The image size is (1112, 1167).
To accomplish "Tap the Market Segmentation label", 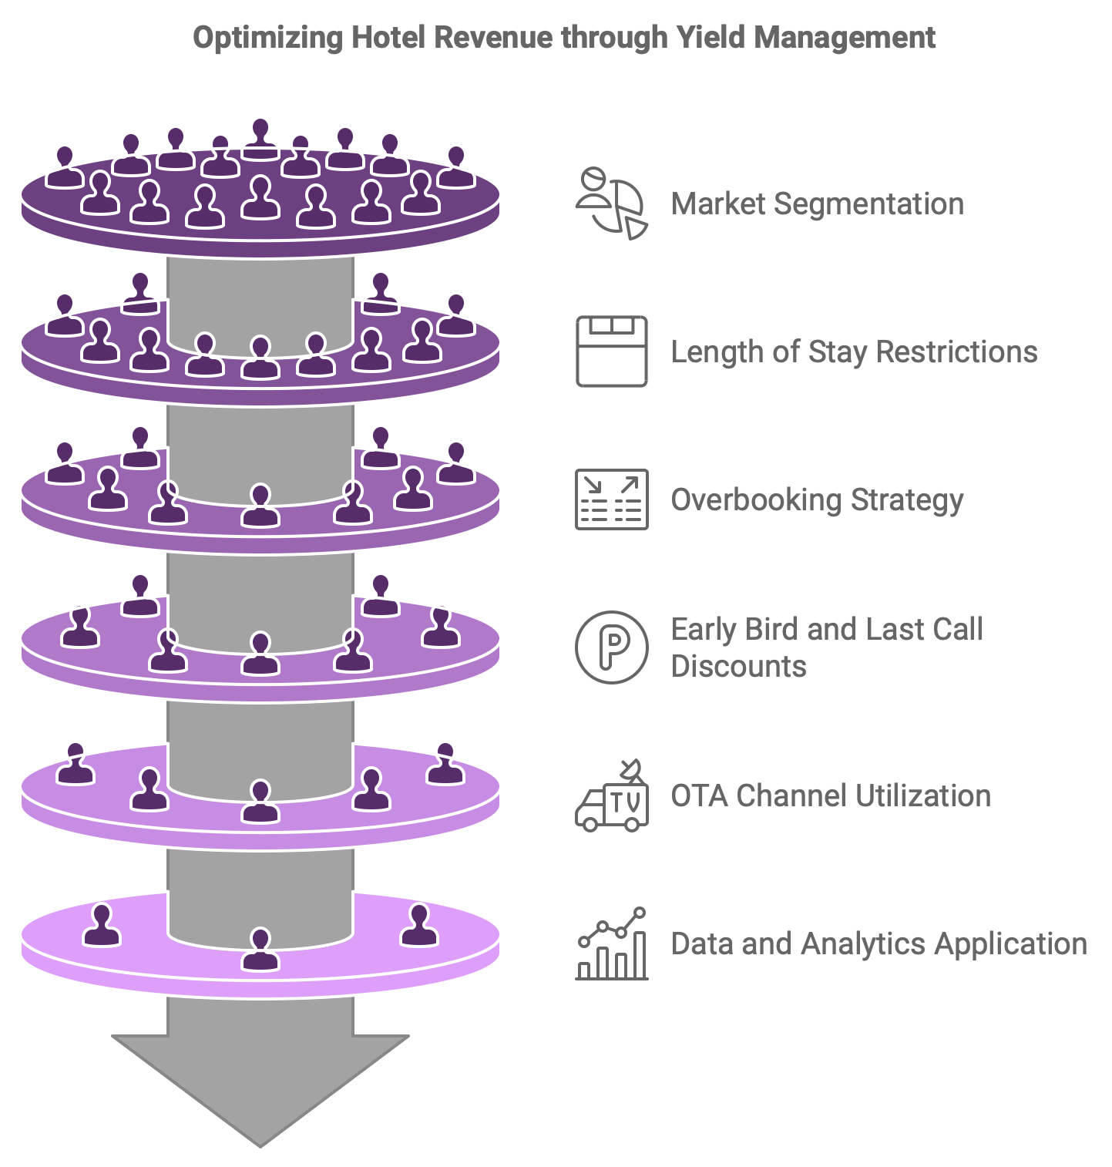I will (817, 204).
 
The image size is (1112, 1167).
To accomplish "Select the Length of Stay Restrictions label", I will (854, 351).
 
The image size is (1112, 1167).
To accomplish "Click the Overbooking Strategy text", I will (817, 499).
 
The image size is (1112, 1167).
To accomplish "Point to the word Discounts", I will (738, 666).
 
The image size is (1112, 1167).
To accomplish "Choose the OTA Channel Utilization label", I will (831, 795).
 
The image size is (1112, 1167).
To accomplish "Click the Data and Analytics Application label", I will (879, 943).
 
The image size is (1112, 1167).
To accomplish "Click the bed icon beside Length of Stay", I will (612, 351).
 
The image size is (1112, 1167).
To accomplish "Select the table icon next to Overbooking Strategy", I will (612, 499).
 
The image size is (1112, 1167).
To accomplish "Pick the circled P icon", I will (612, 647).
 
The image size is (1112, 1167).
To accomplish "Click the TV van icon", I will (612, 797).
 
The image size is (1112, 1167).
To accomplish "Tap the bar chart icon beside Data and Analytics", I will (612, 944).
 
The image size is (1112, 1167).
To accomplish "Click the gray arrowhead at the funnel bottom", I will (260, 1087).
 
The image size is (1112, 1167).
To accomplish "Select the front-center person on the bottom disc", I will (260, 950).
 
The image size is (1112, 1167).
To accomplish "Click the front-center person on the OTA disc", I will (260, 802).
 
